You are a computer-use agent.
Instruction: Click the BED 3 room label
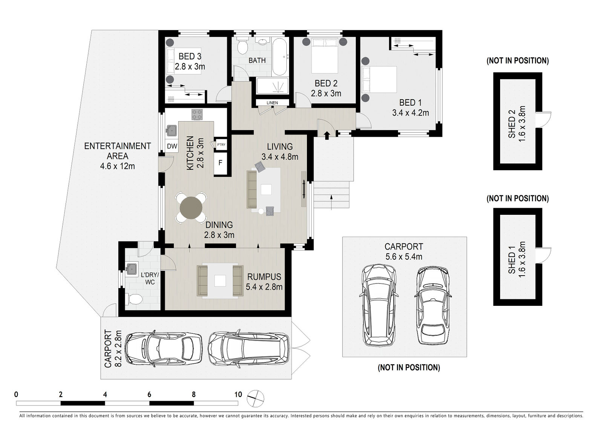[190, 56]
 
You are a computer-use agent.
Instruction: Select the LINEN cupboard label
[272, 103]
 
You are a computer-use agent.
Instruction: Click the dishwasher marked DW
[172, 146]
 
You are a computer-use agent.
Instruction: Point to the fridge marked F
[220, 163]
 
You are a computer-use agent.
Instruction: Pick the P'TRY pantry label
[221, 145]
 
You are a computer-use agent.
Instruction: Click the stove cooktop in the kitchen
[197, 114]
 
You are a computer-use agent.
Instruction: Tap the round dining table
[191, 208]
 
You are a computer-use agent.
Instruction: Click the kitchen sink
[171, 130]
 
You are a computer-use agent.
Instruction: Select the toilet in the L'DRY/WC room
[135, 299]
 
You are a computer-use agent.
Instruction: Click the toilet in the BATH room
[243, 47]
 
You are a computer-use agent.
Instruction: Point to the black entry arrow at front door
[327, 135]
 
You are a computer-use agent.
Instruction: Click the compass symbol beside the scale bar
[256, 398]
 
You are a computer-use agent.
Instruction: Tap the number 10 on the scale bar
[238, 395]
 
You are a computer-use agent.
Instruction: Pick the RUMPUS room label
[264, 277]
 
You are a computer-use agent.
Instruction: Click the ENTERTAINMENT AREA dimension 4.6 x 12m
[117, 166]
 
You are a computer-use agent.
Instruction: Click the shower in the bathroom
[272, 86]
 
